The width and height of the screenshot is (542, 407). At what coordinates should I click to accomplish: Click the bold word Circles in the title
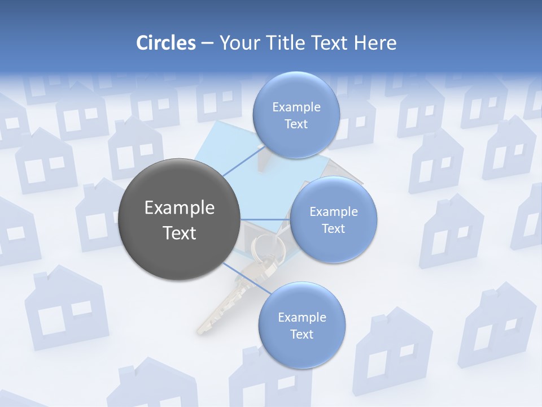(165, 43)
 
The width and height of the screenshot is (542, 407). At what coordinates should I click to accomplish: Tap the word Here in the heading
(375, 43)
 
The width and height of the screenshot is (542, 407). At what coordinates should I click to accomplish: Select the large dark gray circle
(179, 219)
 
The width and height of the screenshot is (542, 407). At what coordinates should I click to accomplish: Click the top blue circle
(295, 115)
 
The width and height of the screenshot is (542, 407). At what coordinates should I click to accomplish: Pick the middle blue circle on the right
(333, 219)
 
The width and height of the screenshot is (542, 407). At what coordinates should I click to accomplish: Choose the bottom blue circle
(301, 326)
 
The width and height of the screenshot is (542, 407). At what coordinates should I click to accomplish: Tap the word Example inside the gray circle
(180, 208)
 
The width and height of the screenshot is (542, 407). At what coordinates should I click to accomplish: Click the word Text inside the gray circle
(180, 233)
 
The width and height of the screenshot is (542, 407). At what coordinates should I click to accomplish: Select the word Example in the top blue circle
(296, 107)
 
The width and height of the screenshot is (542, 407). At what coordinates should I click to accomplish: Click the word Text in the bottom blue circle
(301, 334)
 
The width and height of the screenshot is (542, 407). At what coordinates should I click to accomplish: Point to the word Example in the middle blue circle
(333, 212)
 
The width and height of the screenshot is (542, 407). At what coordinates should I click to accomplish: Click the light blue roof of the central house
(226, 141)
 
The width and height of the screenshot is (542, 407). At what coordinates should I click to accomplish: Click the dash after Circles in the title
(207, 44)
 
